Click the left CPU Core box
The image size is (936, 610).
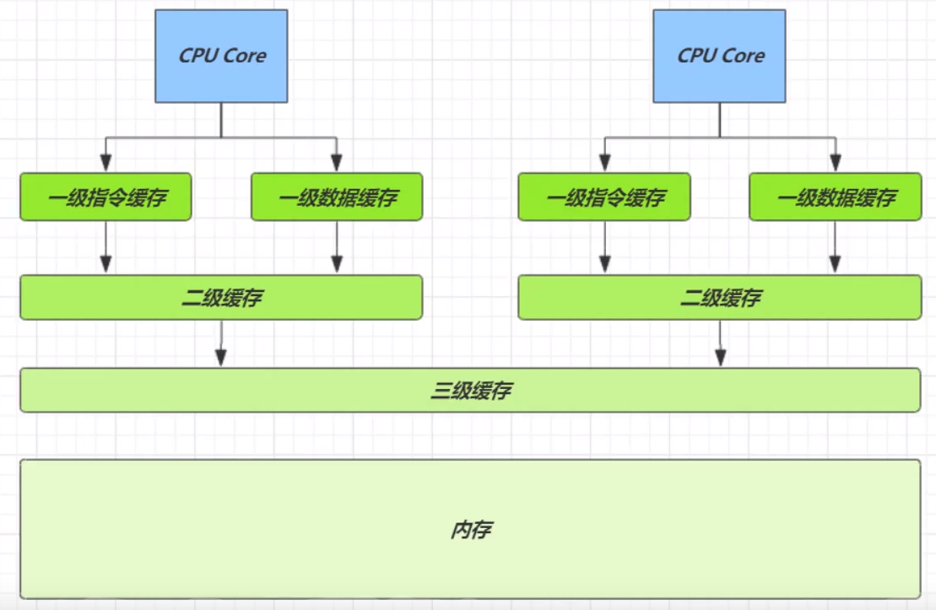coord(221,56)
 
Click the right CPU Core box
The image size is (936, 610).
coord(719,56)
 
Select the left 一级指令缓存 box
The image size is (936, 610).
coord(106,197)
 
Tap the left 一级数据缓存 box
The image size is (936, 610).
coord(337,197)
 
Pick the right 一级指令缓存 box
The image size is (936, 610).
coord(604,197)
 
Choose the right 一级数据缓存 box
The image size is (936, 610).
coord(835,197)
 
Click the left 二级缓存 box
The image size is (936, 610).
coord(221,297)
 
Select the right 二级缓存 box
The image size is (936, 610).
coord(720,297)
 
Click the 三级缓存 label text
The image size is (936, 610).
coord(471,391)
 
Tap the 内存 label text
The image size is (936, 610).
coord(471,529)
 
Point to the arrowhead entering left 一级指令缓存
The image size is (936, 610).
coord(106,163)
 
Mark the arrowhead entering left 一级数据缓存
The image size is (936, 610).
coord(337,163)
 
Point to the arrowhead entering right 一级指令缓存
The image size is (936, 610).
coord(604,163)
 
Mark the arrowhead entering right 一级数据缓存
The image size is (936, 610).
coord(836,163)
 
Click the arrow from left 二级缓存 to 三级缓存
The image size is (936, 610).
coord(221,343)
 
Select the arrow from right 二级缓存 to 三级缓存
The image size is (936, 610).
coord(721,343)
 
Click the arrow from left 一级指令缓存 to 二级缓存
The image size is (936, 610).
coord(106,247)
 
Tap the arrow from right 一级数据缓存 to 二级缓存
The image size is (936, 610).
coord(835,247)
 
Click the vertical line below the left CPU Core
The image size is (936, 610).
coord(221,120)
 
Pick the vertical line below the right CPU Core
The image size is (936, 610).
coord(720,120)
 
